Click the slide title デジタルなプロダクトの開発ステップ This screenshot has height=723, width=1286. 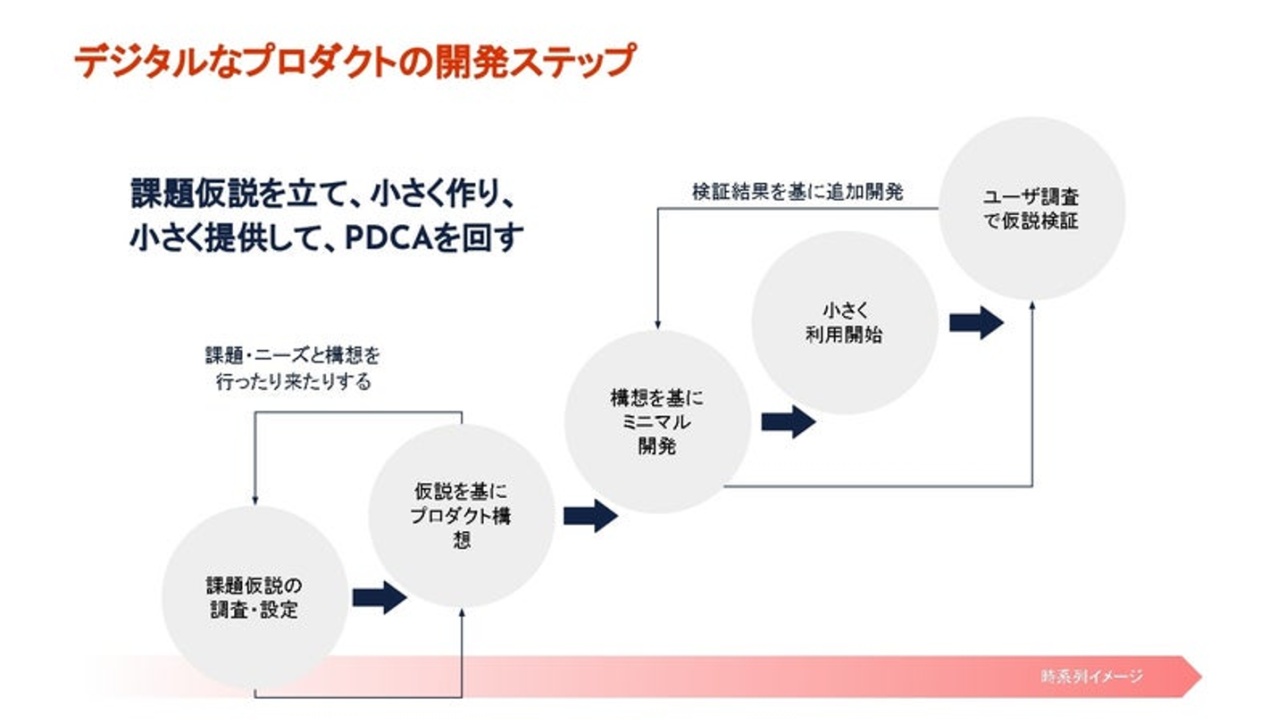(x=354, y=62)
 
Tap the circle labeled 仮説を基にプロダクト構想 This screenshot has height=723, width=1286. (x=461, y=516)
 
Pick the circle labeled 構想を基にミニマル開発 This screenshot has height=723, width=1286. (x=656, y=421)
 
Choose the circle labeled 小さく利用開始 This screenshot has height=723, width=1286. (x=844, y=322)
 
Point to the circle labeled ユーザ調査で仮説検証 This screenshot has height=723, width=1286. (x=1031, y=208)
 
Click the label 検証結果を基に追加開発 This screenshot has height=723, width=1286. (x=797, y=191)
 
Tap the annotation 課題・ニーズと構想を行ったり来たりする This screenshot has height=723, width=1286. (x=293, y=369)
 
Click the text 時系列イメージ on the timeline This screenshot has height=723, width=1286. (x=1091, y=676)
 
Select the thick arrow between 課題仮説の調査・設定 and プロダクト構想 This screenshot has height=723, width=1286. (x=380, y=597)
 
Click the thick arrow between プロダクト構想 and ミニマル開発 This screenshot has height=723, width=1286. (x=590, y=516)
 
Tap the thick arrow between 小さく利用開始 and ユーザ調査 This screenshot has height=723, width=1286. (x=976, y=322)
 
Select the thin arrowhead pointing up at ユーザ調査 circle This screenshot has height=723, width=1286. (x=1032, y=305)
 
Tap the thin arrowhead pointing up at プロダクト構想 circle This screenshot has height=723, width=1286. (x=462, y=613)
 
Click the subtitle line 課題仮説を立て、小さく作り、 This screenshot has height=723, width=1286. (x=323, y=195)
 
